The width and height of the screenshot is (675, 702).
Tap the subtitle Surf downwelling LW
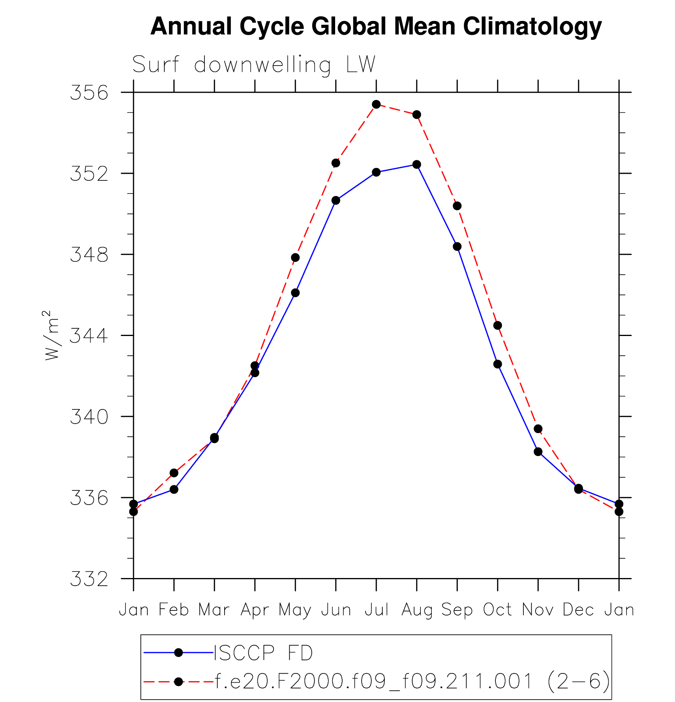[253, 64]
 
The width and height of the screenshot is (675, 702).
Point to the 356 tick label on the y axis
[89, 93]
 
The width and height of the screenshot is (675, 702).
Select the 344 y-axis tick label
[89, 336]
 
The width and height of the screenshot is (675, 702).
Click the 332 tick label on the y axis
[89, 579]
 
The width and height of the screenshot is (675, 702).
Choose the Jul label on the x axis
[376, 610]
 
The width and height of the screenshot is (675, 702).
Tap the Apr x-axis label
[255, 610]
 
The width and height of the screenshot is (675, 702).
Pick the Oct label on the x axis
[497, 610]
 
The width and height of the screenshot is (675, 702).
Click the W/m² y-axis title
[51, 336]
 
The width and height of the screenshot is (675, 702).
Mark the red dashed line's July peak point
[376, 104]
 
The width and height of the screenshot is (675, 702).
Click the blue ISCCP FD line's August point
[416, 164]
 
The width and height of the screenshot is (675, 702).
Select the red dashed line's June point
[336, 163]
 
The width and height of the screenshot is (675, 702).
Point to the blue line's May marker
[295, 293]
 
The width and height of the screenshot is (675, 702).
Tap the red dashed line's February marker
[174, 473]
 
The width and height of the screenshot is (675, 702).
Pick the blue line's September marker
[457, 246]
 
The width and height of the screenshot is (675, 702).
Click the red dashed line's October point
[497, 325]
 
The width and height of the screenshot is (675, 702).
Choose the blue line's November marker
[538, 452]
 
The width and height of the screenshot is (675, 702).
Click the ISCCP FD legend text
[263, 653]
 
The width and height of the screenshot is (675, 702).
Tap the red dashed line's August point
[416, 114]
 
